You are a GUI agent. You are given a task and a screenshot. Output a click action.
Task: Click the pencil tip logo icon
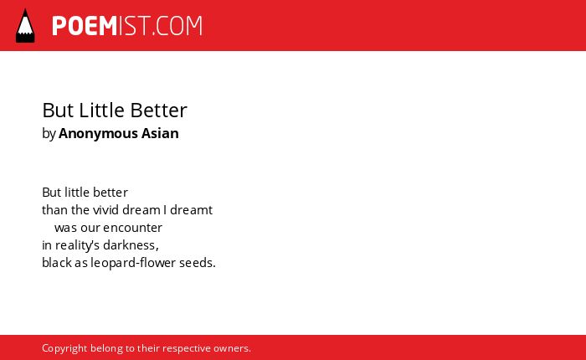pyautogui.click(x=25, y=25)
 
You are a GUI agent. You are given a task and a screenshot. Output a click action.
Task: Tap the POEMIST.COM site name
pyautogui.click(x=127, y=26)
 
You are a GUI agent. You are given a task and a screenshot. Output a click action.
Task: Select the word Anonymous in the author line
pyautogui.click(x=98, y=133)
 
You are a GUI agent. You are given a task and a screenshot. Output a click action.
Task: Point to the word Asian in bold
pyautogui.click(x=160, y=133)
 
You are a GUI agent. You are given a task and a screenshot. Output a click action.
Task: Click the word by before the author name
pyautogui.click(x=49, y=134)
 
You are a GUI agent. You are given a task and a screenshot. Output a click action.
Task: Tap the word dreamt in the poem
pyautogui.click(x=192, y=209)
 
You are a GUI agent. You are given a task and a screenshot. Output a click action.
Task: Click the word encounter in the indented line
pyautogui.click(x=132, y=228)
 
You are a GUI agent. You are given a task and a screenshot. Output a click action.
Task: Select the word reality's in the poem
pyautogui.click(x=77, y=245)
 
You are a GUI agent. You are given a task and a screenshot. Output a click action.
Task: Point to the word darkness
pyautogui.click(x=131, y=245)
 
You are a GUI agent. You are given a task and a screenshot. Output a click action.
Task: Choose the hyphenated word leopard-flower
pyautogui.click(x=133, y=263)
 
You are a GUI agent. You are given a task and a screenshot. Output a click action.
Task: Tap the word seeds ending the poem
pyautogui.click(x=198, y=263)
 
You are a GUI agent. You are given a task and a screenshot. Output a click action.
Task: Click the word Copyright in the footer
pyautogui.click(x=64, y=348)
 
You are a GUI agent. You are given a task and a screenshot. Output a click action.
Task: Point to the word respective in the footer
pyautogui.click(x=187, y=348)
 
